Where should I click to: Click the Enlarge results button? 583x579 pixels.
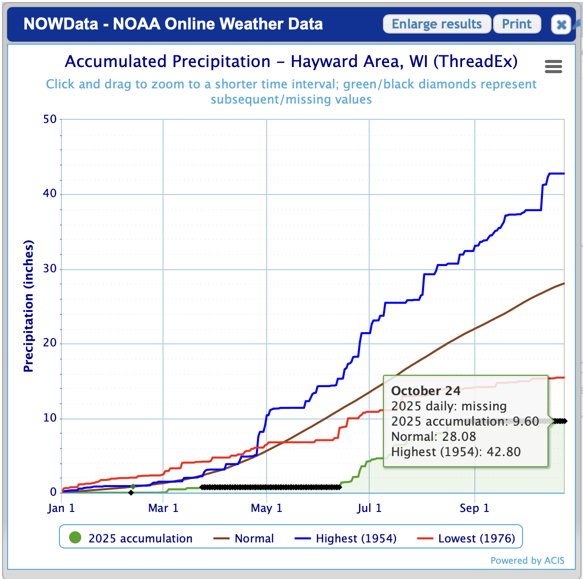pos(437,24)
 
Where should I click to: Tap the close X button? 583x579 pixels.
pos(561,24)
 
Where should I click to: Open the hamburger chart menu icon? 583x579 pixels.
pos(553,67)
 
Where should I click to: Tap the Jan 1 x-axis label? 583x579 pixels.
pos(62,508)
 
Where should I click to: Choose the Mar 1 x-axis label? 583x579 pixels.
pos(164,508)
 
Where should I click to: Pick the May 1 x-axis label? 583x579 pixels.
pos(266,508)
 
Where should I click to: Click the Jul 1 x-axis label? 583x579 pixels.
pos(369,508)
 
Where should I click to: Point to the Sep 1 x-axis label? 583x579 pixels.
pos(474,508)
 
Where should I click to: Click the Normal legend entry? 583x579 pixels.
pos(244,538)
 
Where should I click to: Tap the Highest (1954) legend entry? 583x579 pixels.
pos(345,538)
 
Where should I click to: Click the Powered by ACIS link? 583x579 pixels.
pos(527,561)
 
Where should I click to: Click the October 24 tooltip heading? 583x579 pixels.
pos(426,391)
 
